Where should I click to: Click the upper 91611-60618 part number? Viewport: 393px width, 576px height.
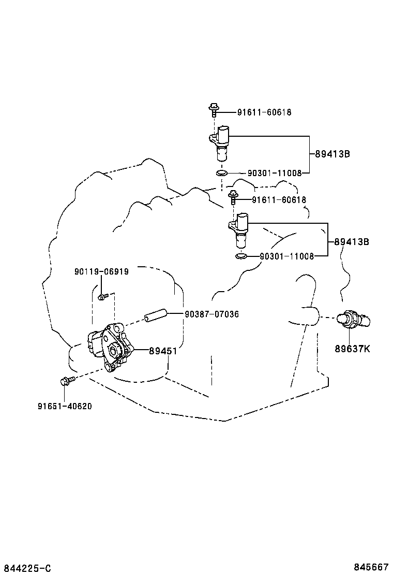pos(264,112)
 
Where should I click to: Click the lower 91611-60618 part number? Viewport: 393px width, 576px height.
pos(279,200)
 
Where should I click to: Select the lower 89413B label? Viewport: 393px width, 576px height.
pos(352,242)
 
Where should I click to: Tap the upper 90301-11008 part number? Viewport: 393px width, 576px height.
pos(275,173)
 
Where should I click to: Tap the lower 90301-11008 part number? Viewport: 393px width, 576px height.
pos(287,256)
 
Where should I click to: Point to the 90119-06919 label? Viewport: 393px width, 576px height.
pos(101,271)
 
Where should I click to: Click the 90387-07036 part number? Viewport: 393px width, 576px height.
pos(212,314)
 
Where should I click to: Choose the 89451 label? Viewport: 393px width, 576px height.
pos(163,351)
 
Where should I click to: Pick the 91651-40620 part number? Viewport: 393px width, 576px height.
pos(65,406)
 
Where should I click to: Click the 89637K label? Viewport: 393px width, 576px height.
pos(352,349)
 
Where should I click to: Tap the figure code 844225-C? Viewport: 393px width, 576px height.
pos(26,569)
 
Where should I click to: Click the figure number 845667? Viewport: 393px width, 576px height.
pos(371,567)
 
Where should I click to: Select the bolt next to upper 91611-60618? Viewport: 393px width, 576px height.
pos(213,109)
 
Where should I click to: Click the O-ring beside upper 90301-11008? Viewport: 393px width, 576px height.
pos(221,173)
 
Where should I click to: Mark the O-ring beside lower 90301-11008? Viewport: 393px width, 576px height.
pos(240,256)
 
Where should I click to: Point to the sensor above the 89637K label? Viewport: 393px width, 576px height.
pos(353,318)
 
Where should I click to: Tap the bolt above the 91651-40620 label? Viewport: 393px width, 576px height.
pos(67,381)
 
